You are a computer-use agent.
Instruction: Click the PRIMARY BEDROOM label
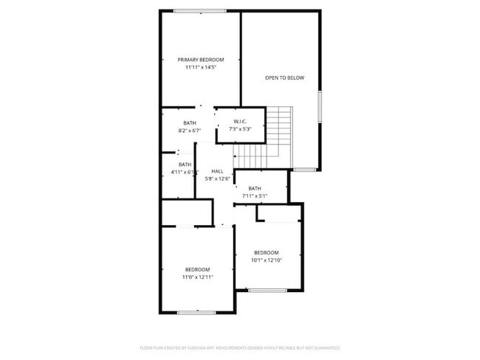click(x=200, y=60)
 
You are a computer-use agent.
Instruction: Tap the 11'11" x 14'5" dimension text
click(x=200, y=67)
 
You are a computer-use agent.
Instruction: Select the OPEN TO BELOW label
click(x=284, y=77)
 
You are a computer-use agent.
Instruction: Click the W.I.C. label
click(x=240, y=122)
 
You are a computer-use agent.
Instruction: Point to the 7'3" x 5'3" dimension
click(x=240, y=130)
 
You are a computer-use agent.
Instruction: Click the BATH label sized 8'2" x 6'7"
click(x=190, y=123)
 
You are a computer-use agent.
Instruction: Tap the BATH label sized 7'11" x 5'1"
click(x=255, y=188)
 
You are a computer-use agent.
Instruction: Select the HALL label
click(x=217, y=171)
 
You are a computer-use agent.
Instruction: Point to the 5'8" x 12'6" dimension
click(x=217, y=179)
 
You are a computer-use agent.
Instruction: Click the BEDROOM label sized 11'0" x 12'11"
click(x=197, y=269)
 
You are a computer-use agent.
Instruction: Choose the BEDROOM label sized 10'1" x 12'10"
click(x=267, y=252)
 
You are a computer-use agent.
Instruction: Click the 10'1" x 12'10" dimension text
click(x=267, y=260)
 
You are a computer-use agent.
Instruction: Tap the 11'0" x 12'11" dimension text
click(x=197, y=277)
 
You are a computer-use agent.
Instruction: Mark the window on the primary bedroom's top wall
click(x=200, y=10)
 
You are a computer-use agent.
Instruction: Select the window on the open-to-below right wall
click(x=320, y=106)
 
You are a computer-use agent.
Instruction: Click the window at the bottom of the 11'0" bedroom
click(x=196, y=313)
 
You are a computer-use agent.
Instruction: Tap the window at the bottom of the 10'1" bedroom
click(x=267, y=291)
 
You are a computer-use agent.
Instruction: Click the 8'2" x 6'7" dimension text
click(x=190, y=131)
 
